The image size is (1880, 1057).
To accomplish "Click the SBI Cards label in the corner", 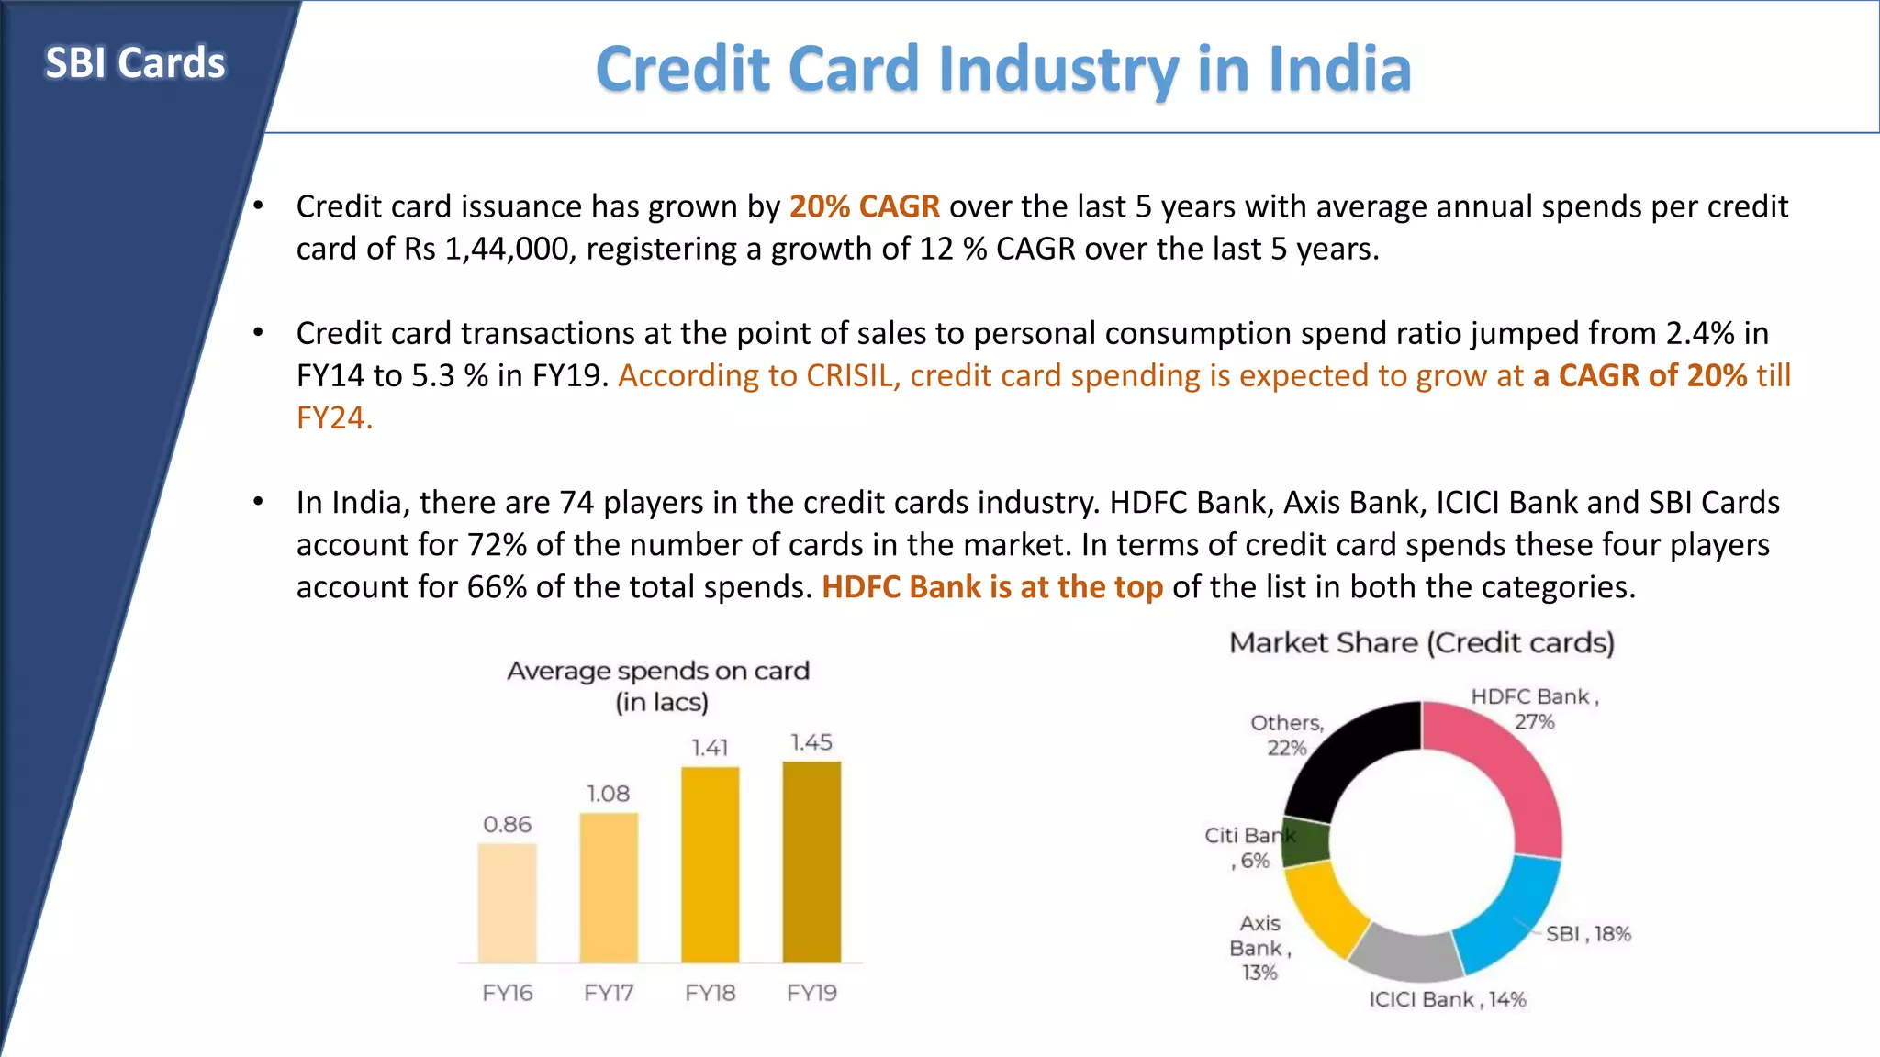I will (x=135, y=63).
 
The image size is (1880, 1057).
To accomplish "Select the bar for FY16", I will (x=507, y=903).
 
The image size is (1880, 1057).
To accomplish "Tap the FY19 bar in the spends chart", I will (x=811, y=862).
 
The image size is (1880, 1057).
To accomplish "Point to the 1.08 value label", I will (x=609, y=794).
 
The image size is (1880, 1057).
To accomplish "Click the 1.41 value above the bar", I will (x=710, y=748).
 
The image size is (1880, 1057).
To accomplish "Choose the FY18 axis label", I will (x=710, y=993).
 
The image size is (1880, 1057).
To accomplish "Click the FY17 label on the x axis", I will (x=609, y=993).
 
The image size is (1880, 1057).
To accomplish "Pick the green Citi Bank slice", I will (x=1305, y=842).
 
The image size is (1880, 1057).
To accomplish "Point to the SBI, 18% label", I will (x=1588, y=934).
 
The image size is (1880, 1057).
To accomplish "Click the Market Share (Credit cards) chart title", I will (x=1421, y=643).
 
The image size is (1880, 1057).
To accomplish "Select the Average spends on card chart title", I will (x=658, y=685).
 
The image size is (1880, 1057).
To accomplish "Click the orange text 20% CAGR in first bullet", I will (x=864, y=206).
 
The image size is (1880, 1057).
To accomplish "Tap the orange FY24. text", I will (x=334, y=418).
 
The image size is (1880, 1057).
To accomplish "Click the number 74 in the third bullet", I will (x=576, y=503).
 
